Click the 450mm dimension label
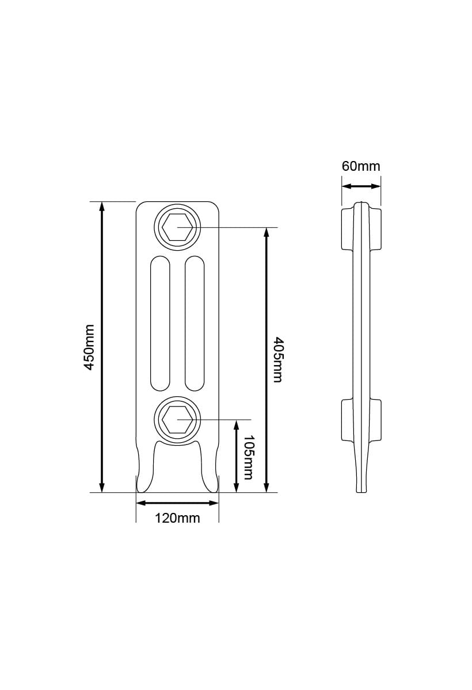89,347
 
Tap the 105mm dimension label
248,457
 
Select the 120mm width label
177,518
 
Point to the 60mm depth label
361,166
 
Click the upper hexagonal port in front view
177,228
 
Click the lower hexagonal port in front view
177,420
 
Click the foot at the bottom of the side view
361,477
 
